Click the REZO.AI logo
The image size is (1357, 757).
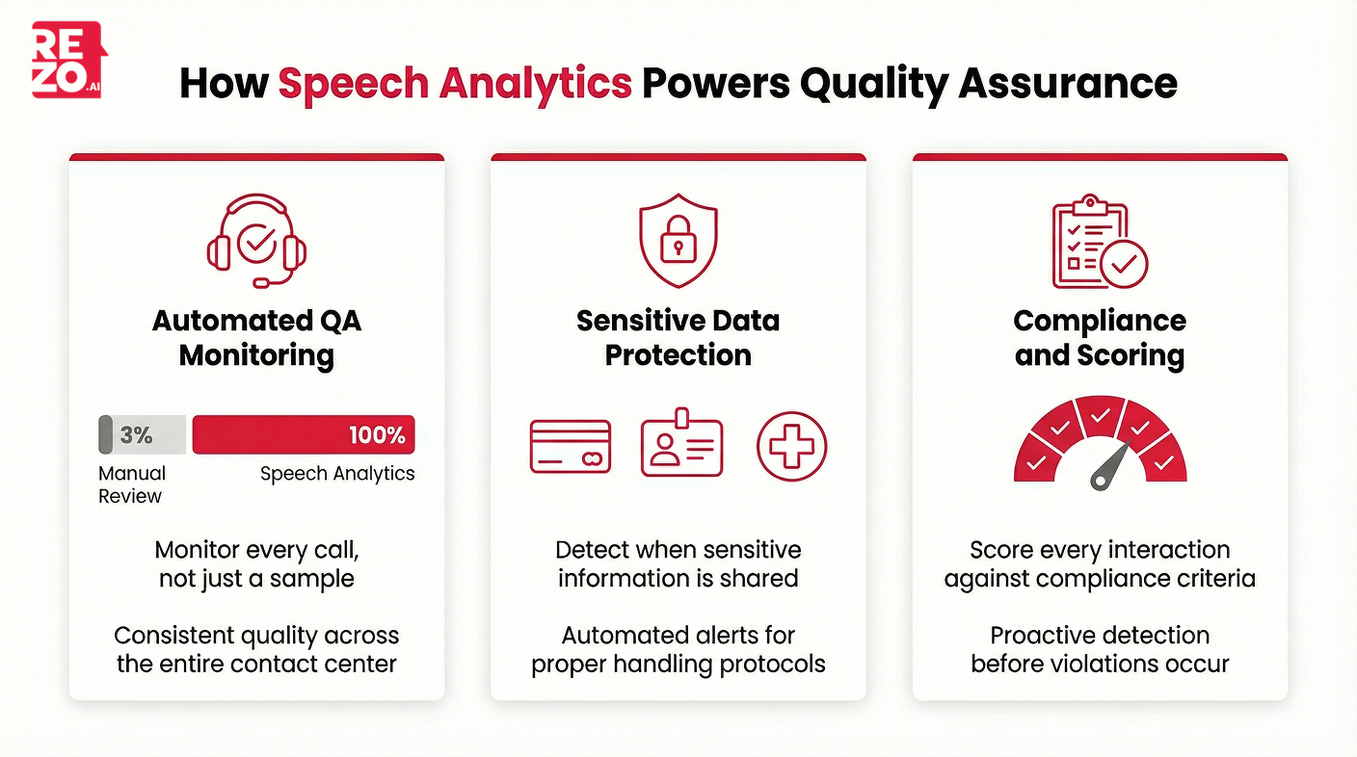point(68,61)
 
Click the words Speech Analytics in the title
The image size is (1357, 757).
point(455,84)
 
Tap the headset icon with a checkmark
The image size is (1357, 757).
point(256,242)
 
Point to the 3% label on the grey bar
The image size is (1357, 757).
point(136,435)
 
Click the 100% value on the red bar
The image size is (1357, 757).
point(377,435)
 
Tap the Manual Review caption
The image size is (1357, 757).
point(131,484)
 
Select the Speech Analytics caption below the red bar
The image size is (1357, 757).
point(337,473)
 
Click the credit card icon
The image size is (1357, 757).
point(571,447)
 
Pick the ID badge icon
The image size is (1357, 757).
point(681,445)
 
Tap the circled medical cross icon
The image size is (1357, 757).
point(791,446)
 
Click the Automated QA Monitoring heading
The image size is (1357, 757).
point(256,337)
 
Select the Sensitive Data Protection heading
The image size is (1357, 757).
point(678,337)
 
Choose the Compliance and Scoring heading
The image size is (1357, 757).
point(1100,337)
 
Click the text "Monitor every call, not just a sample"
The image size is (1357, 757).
point(256,564)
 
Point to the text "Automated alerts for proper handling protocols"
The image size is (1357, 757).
point(678,649)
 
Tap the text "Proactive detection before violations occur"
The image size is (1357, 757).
point(1100,649)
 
